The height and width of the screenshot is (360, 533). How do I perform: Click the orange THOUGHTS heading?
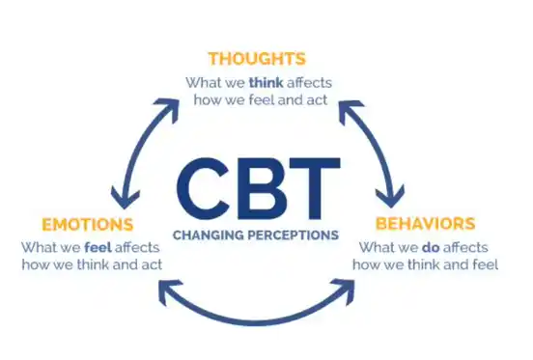point(256,58)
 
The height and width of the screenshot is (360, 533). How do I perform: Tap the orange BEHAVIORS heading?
point(425,224)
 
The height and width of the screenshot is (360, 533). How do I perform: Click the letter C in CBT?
point(205,191)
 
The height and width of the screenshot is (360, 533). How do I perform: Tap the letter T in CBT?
point(311,191)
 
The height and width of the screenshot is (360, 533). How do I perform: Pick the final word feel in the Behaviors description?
point(482,264)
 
